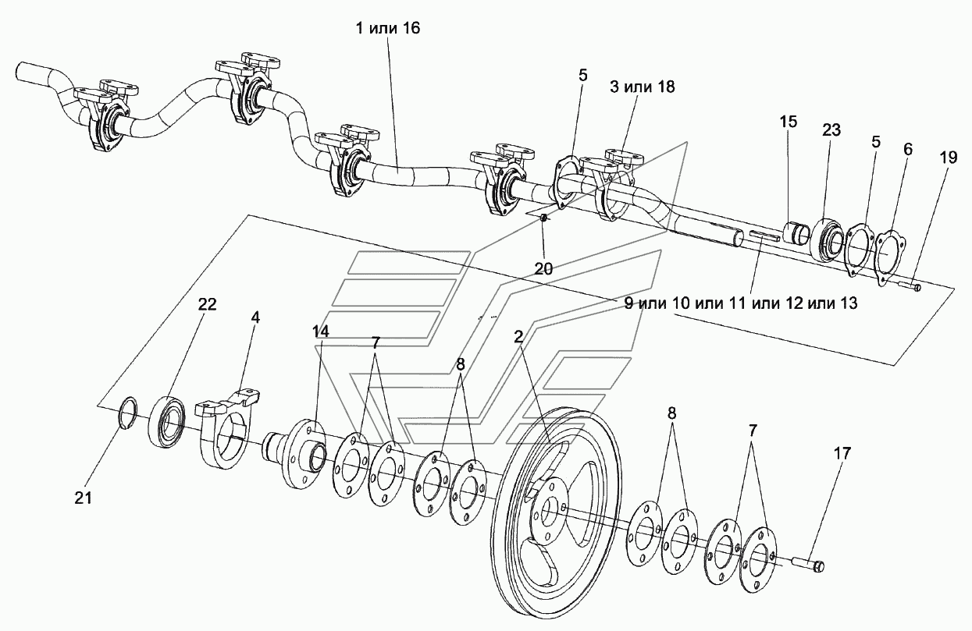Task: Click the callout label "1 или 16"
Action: click(388, 29)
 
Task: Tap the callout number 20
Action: click(543, 268)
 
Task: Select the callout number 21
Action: click(84, 497)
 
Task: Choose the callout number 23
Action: click(830, 130)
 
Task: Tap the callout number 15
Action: click(789, 122)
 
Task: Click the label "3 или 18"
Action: click(643, 86)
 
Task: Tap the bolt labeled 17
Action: click(810, 564)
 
